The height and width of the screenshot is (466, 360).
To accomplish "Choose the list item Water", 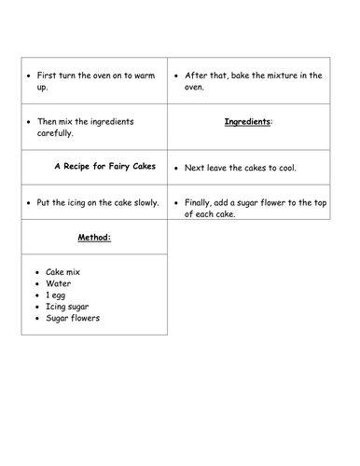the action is [58, 282].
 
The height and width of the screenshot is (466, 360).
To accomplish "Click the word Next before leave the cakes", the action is [194, 167].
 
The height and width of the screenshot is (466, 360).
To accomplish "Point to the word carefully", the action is [59, 132].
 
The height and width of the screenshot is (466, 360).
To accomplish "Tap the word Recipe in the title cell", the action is [82, 167].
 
